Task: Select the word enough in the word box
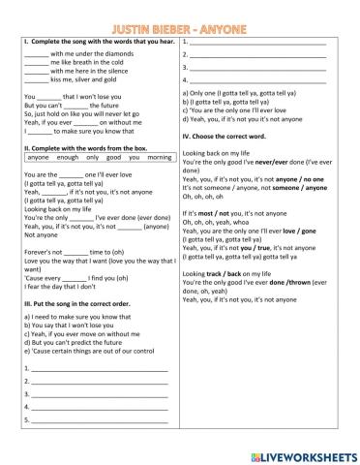tap(69, 157)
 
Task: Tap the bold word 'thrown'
tap(328, 285)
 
